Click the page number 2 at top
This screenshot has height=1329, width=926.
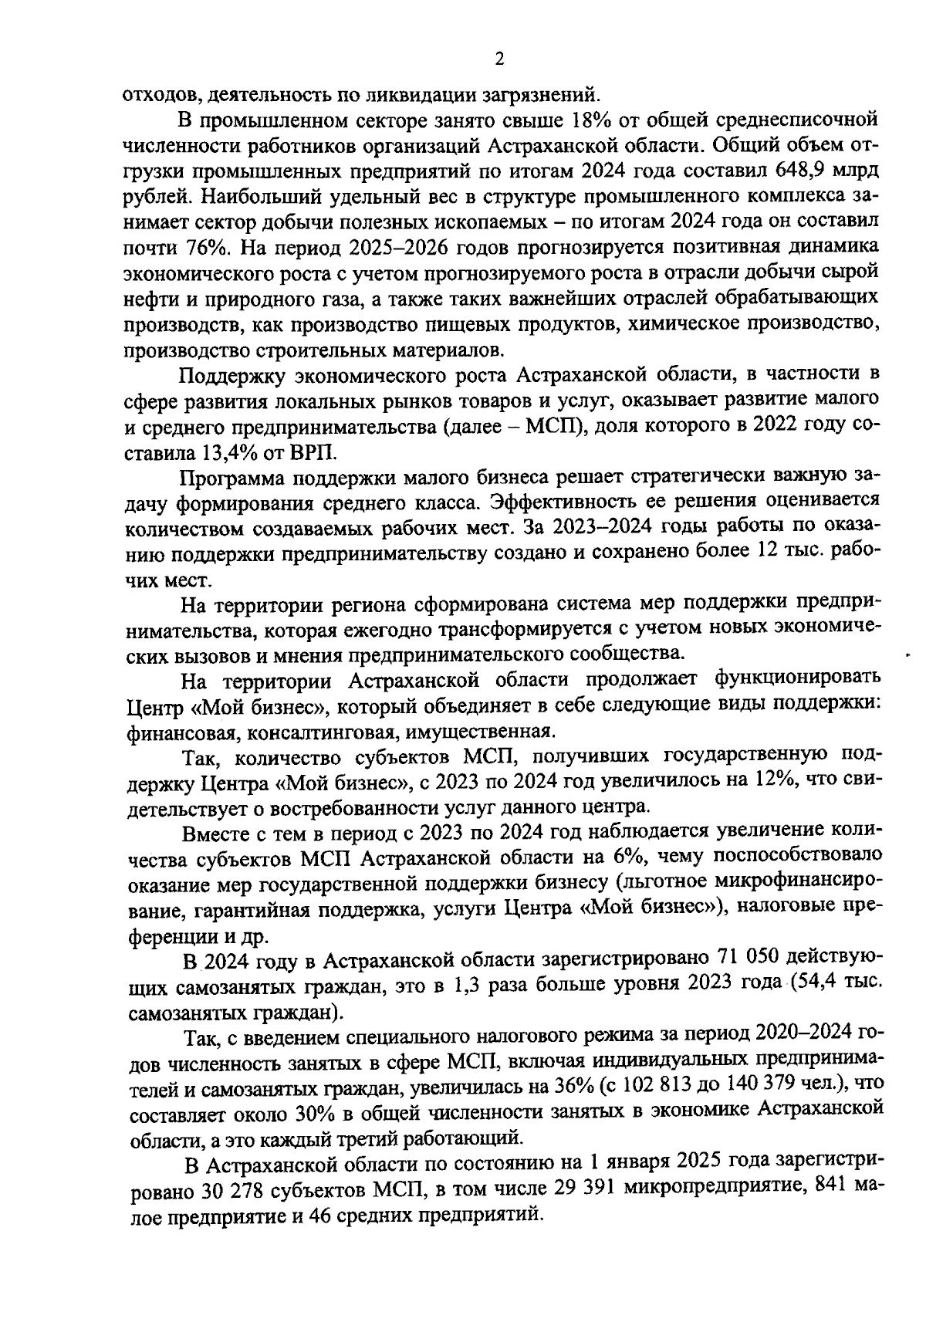click(499, 60)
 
